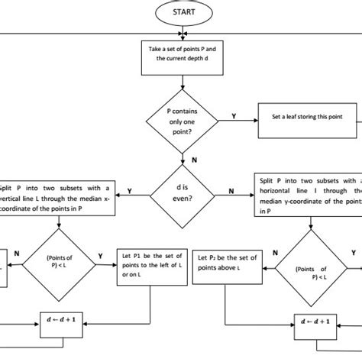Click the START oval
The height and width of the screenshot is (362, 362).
[x=182, y=13]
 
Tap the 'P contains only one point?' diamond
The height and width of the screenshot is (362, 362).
[x=182, y=121]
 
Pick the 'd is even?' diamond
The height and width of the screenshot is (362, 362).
[x=183, y=192]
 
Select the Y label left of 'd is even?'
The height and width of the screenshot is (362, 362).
[x=128, y=189]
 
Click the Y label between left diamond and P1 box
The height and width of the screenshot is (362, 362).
[x=101, y=255]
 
